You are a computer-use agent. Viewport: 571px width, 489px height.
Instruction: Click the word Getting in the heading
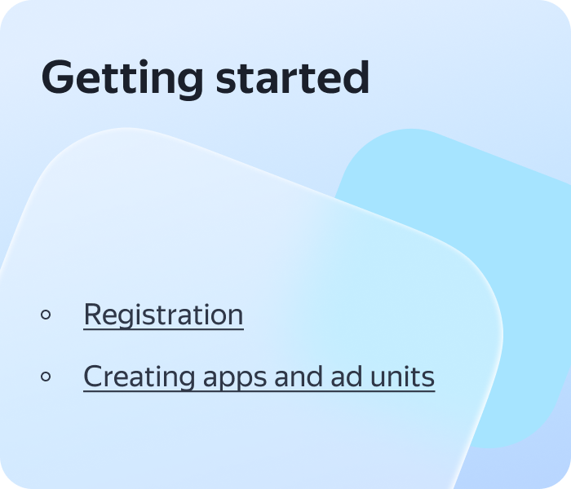122,79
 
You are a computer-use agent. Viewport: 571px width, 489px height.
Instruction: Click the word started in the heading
293,77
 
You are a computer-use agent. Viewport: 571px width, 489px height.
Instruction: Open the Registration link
163,315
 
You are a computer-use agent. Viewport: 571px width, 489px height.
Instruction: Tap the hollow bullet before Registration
46,315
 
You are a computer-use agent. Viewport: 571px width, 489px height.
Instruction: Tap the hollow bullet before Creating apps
46,377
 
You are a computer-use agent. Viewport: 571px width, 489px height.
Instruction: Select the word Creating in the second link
139,377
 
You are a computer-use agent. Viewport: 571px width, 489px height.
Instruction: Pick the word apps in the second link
235,380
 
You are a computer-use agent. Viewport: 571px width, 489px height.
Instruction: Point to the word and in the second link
299,377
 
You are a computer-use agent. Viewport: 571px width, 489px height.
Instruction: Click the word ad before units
347,377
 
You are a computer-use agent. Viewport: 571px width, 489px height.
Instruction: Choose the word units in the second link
402,377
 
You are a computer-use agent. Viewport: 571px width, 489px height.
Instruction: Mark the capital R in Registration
93,314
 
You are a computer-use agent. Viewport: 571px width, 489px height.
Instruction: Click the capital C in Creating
93,376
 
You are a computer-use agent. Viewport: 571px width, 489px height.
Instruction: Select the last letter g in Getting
190,84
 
